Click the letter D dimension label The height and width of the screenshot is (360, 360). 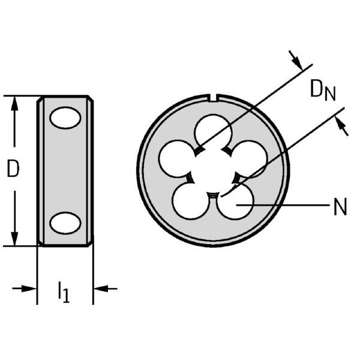tap(13, 169)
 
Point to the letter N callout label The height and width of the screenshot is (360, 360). tap(340, 208)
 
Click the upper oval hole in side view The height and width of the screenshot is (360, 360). tap(65, 118)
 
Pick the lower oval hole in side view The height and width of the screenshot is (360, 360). tap(65, 223)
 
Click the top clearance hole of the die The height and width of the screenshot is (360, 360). tap(213, 131)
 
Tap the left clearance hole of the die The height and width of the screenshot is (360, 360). tap(175, 158)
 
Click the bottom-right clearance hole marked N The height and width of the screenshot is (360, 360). tap(235, 202)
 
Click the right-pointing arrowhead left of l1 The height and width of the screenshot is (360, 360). tap(30, 289)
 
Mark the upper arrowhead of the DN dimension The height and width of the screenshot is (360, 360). tap(296, 59)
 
